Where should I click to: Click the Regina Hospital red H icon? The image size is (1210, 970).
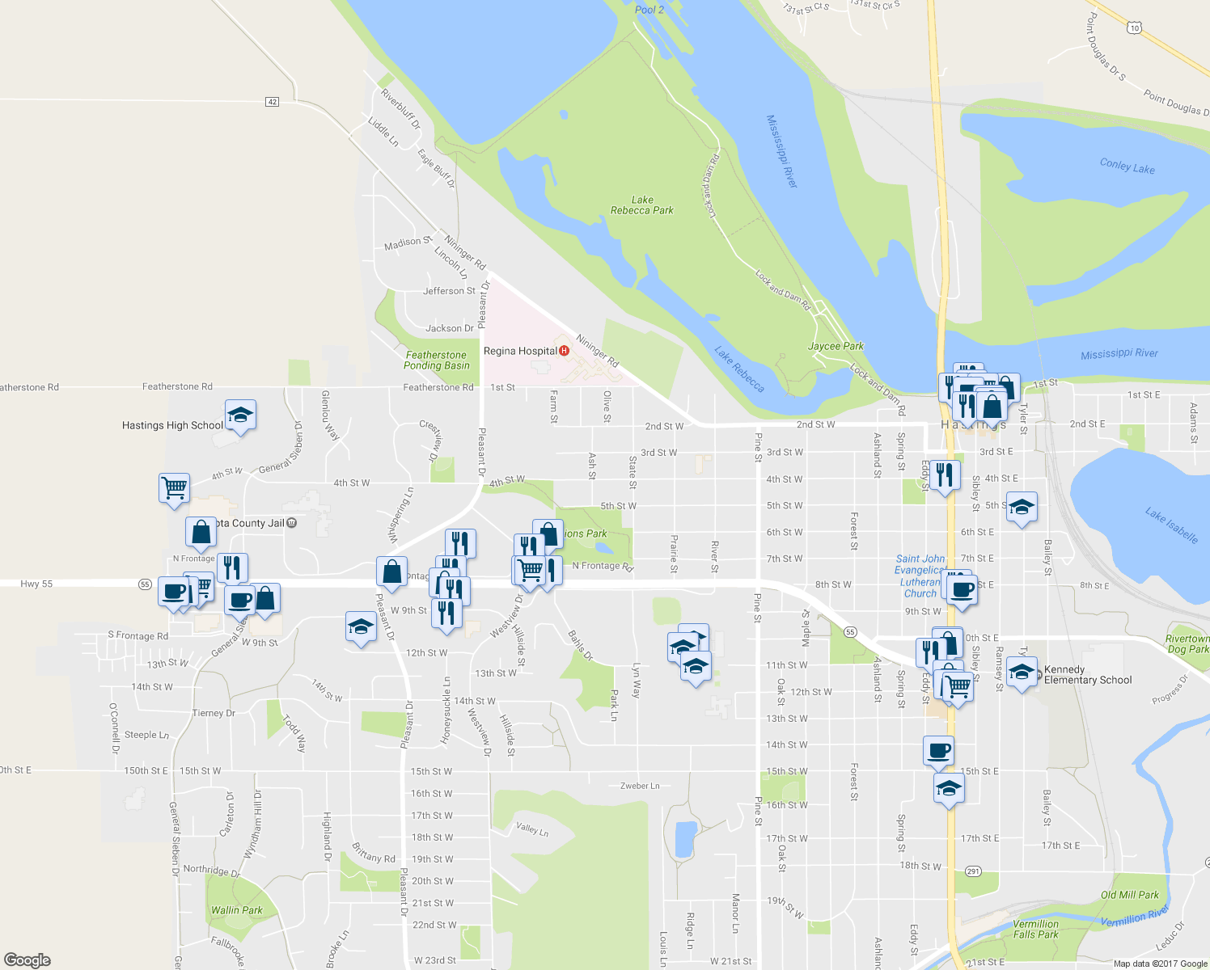point(564,351)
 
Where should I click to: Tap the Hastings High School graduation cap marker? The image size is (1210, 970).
point(240,415)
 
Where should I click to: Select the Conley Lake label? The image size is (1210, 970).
point(1127,166)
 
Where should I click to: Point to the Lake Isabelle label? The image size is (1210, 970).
point(1171,525)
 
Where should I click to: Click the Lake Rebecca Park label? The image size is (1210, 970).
point(642,205)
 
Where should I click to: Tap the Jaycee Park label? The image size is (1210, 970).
point(836,346)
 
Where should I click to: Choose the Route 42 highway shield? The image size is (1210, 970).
point(273,102)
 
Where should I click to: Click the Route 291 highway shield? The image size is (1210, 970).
point(973,871)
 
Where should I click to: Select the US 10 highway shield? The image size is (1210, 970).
point(1135,28)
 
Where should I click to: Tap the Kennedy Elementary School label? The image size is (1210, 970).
point(1087,675)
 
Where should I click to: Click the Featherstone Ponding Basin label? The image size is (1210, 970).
point(437,361)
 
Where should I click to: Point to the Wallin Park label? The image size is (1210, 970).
point(236,910)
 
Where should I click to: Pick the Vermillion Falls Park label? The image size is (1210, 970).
point(1035,930)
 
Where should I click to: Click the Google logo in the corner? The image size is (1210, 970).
point(27,959)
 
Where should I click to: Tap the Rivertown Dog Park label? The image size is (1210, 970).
point(1187,644)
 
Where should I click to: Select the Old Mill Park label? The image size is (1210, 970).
point(1129,895)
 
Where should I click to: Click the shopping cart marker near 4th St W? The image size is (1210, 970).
point(175,487)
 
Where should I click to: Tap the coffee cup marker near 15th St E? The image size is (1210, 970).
point(938,750)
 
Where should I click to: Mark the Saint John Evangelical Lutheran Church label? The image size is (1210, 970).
point(920,576)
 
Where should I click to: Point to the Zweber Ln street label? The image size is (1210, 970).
point(640,786)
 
